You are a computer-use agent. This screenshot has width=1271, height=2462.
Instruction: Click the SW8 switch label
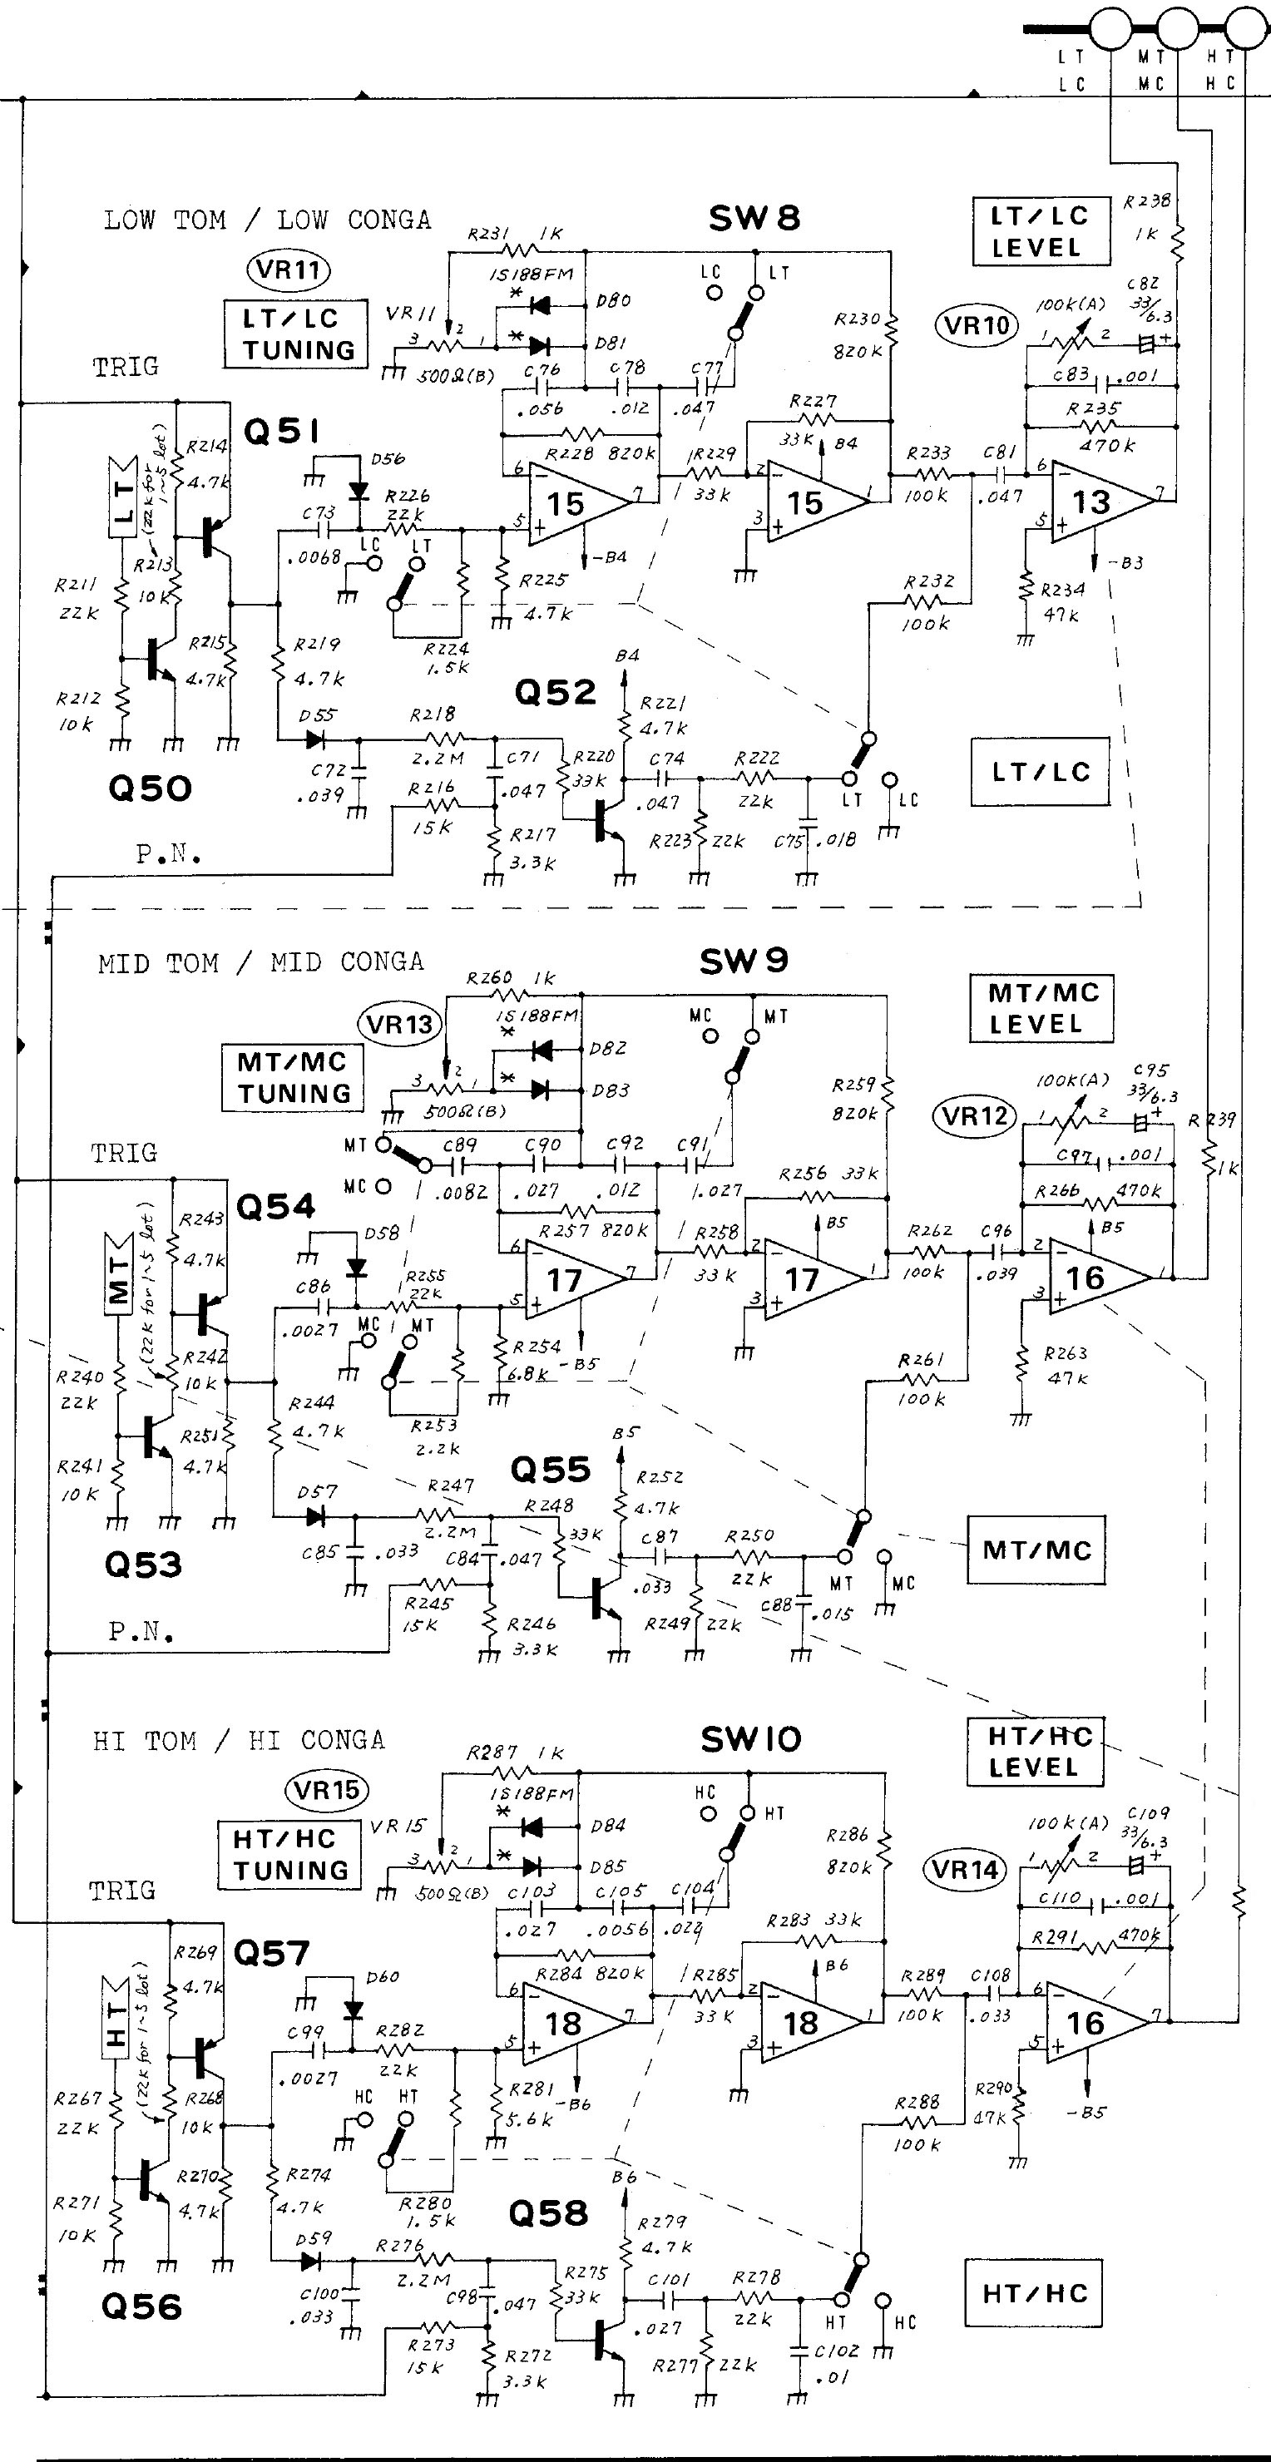click(x=754, y=218)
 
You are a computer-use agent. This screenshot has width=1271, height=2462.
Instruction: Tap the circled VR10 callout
click(x=976, y=326)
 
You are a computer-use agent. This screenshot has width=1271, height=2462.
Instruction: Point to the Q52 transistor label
click(x=555, y=692)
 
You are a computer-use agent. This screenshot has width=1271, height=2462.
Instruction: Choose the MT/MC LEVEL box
click(x=1041, y=1008)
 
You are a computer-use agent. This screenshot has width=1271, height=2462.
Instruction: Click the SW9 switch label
click(x=744, y=961)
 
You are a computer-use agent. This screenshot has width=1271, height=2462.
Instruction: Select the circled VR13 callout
click(x=399, y=1025)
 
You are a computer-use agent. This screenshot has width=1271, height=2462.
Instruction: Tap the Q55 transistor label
click(x=550, y=1469)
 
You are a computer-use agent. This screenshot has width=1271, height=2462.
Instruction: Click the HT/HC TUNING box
click(x=289, y=1854)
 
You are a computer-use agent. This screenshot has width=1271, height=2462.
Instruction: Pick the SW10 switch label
click(x=751, y=1739)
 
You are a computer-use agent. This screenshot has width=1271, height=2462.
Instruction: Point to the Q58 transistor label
click(x=547, y=2212)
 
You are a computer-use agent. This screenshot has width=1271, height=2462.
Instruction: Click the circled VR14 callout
click(x=965, y=1868)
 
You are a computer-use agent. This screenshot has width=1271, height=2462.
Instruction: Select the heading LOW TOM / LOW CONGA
click(x=267, y=220)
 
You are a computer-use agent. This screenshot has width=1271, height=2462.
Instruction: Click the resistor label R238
click(x=1147, y=201)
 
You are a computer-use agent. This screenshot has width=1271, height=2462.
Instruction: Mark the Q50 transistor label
click(x=149, y=789)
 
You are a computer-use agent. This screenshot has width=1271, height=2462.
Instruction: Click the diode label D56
click(x=387, y=459)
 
